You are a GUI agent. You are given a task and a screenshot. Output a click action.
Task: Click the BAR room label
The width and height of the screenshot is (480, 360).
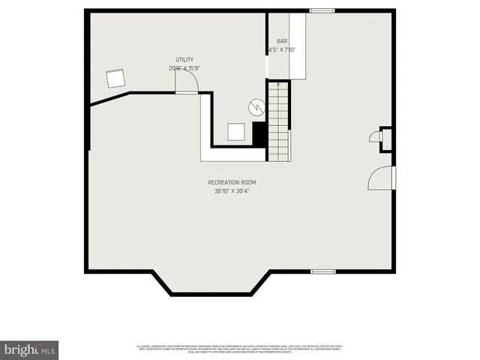tap(282, 42)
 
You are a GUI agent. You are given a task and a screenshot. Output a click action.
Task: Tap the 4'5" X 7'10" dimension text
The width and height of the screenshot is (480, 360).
tap(282, 50)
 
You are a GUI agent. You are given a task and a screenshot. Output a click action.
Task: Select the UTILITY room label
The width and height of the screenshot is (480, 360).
tap(184, 59)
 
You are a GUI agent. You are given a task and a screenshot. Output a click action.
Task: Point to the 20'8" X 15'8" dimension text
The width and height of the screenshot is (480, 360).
tap(184, 68)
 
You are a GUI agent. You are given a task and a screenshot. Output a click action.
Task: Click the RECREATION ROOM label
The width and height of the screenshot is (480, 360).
tap(232, 182)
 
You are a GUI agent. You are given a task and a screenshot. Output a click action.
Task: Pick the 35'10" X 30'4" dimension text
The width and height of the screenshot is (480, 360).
tap(232, 191)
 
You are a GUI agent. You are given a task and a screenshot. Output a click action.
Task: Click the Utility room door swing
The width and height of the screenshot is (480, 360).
tap(187, 84)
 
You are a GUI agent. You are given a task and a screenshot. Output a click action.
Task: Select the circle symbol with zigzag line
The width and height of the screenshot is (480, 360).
tap(257, 107)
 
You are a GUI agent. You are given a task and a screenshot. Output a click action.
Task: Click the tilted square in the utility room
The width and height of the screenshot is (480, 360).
tap(116, 78)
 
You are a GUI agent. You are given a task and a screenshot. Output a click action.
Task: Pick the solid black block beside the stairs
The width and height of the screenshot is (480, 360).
tap(259, 134)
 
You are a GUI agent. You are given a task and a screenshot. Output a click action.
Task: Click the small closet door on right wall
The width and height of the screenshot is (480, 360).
tap(375, 136)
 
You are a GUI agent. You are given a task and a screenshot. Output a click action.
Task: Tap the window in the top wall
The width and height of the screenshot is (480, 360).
tap(322, 10)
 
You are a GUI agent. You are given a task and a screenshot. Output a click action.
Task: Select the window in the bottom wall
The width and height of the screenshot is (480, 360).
tap(322, 271)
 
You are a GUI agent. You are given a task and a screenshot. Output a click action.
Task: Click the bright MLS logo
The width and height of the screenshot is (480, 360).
tap(30, 349)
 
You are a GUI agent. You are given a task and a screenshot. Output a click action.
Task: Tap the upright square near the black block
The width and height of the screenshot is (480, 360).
tap(236, 132)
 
